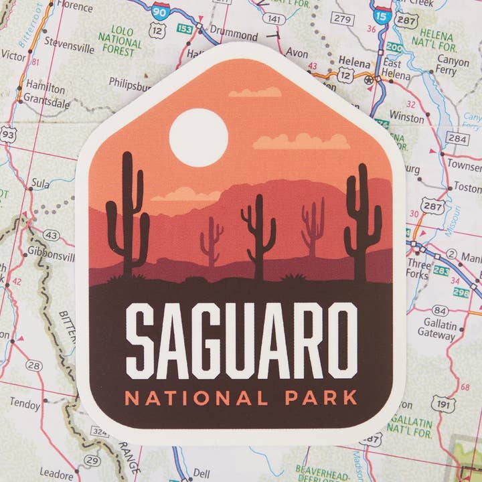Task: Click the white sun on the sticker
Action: pyautogui.click(x=198, y=138)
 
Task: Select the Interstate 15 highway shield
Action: pyautogui.click(x=381, y=15)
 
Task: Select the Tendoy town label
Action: pyautogui.click(x=25, y=404)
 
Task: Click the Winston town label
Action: pyautogui.click(x=406, y=118)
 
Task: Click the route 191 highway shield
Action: pyautogui.click(x=443, y=404)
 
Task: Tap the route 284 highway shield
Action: pyautogui.click(x=458, y=139)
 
